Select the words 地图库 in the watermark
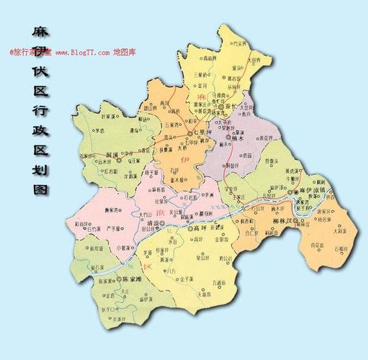coord(124,53)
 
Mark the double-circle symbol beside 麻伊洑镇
coord(291,193)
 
